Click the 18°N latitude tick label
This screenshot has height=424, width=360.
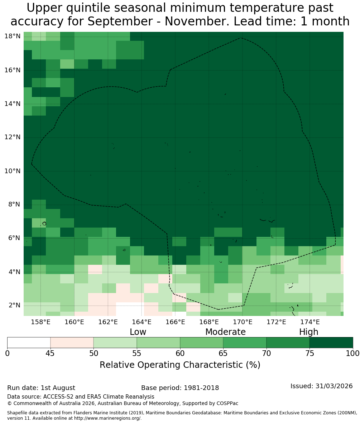pos(13,36)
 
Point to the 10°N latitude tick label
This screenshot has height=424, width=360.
pos(13,171)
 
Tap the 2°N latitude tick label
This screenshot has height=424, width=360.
pos(14,305)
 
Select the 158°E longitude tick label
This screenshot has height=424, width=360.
pos(41,322)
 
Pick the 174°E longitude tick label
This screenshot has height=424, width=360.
pos(310,322)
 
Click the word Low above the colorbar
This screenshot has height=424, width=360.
pos(138,332)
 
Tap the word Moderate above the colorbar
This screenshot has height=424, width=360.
pos(225,332)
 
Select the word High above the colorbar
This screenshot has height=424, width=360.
pos(308,332)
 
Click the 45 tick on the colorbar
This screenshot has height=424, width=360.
pos(51,353)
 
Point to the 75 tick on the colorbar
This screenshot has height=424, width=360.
pos(309,353)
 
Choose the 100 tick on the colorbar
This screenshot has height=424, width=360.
pos(353,353)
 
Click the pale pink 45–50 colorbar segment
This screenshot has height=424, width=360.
pos(72,343)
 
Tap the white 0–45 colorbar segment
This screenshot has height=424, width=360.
pos(29,343)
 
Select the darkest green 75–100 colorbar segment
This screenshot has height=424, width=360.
pos(331,343)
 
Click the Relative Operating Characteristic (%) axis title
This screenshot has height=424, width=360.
pos(180,365)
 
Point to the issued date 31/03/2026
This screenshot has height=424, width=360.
pos(334,386)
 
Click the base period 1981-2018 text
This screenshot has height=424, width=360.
pos(201,388)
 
